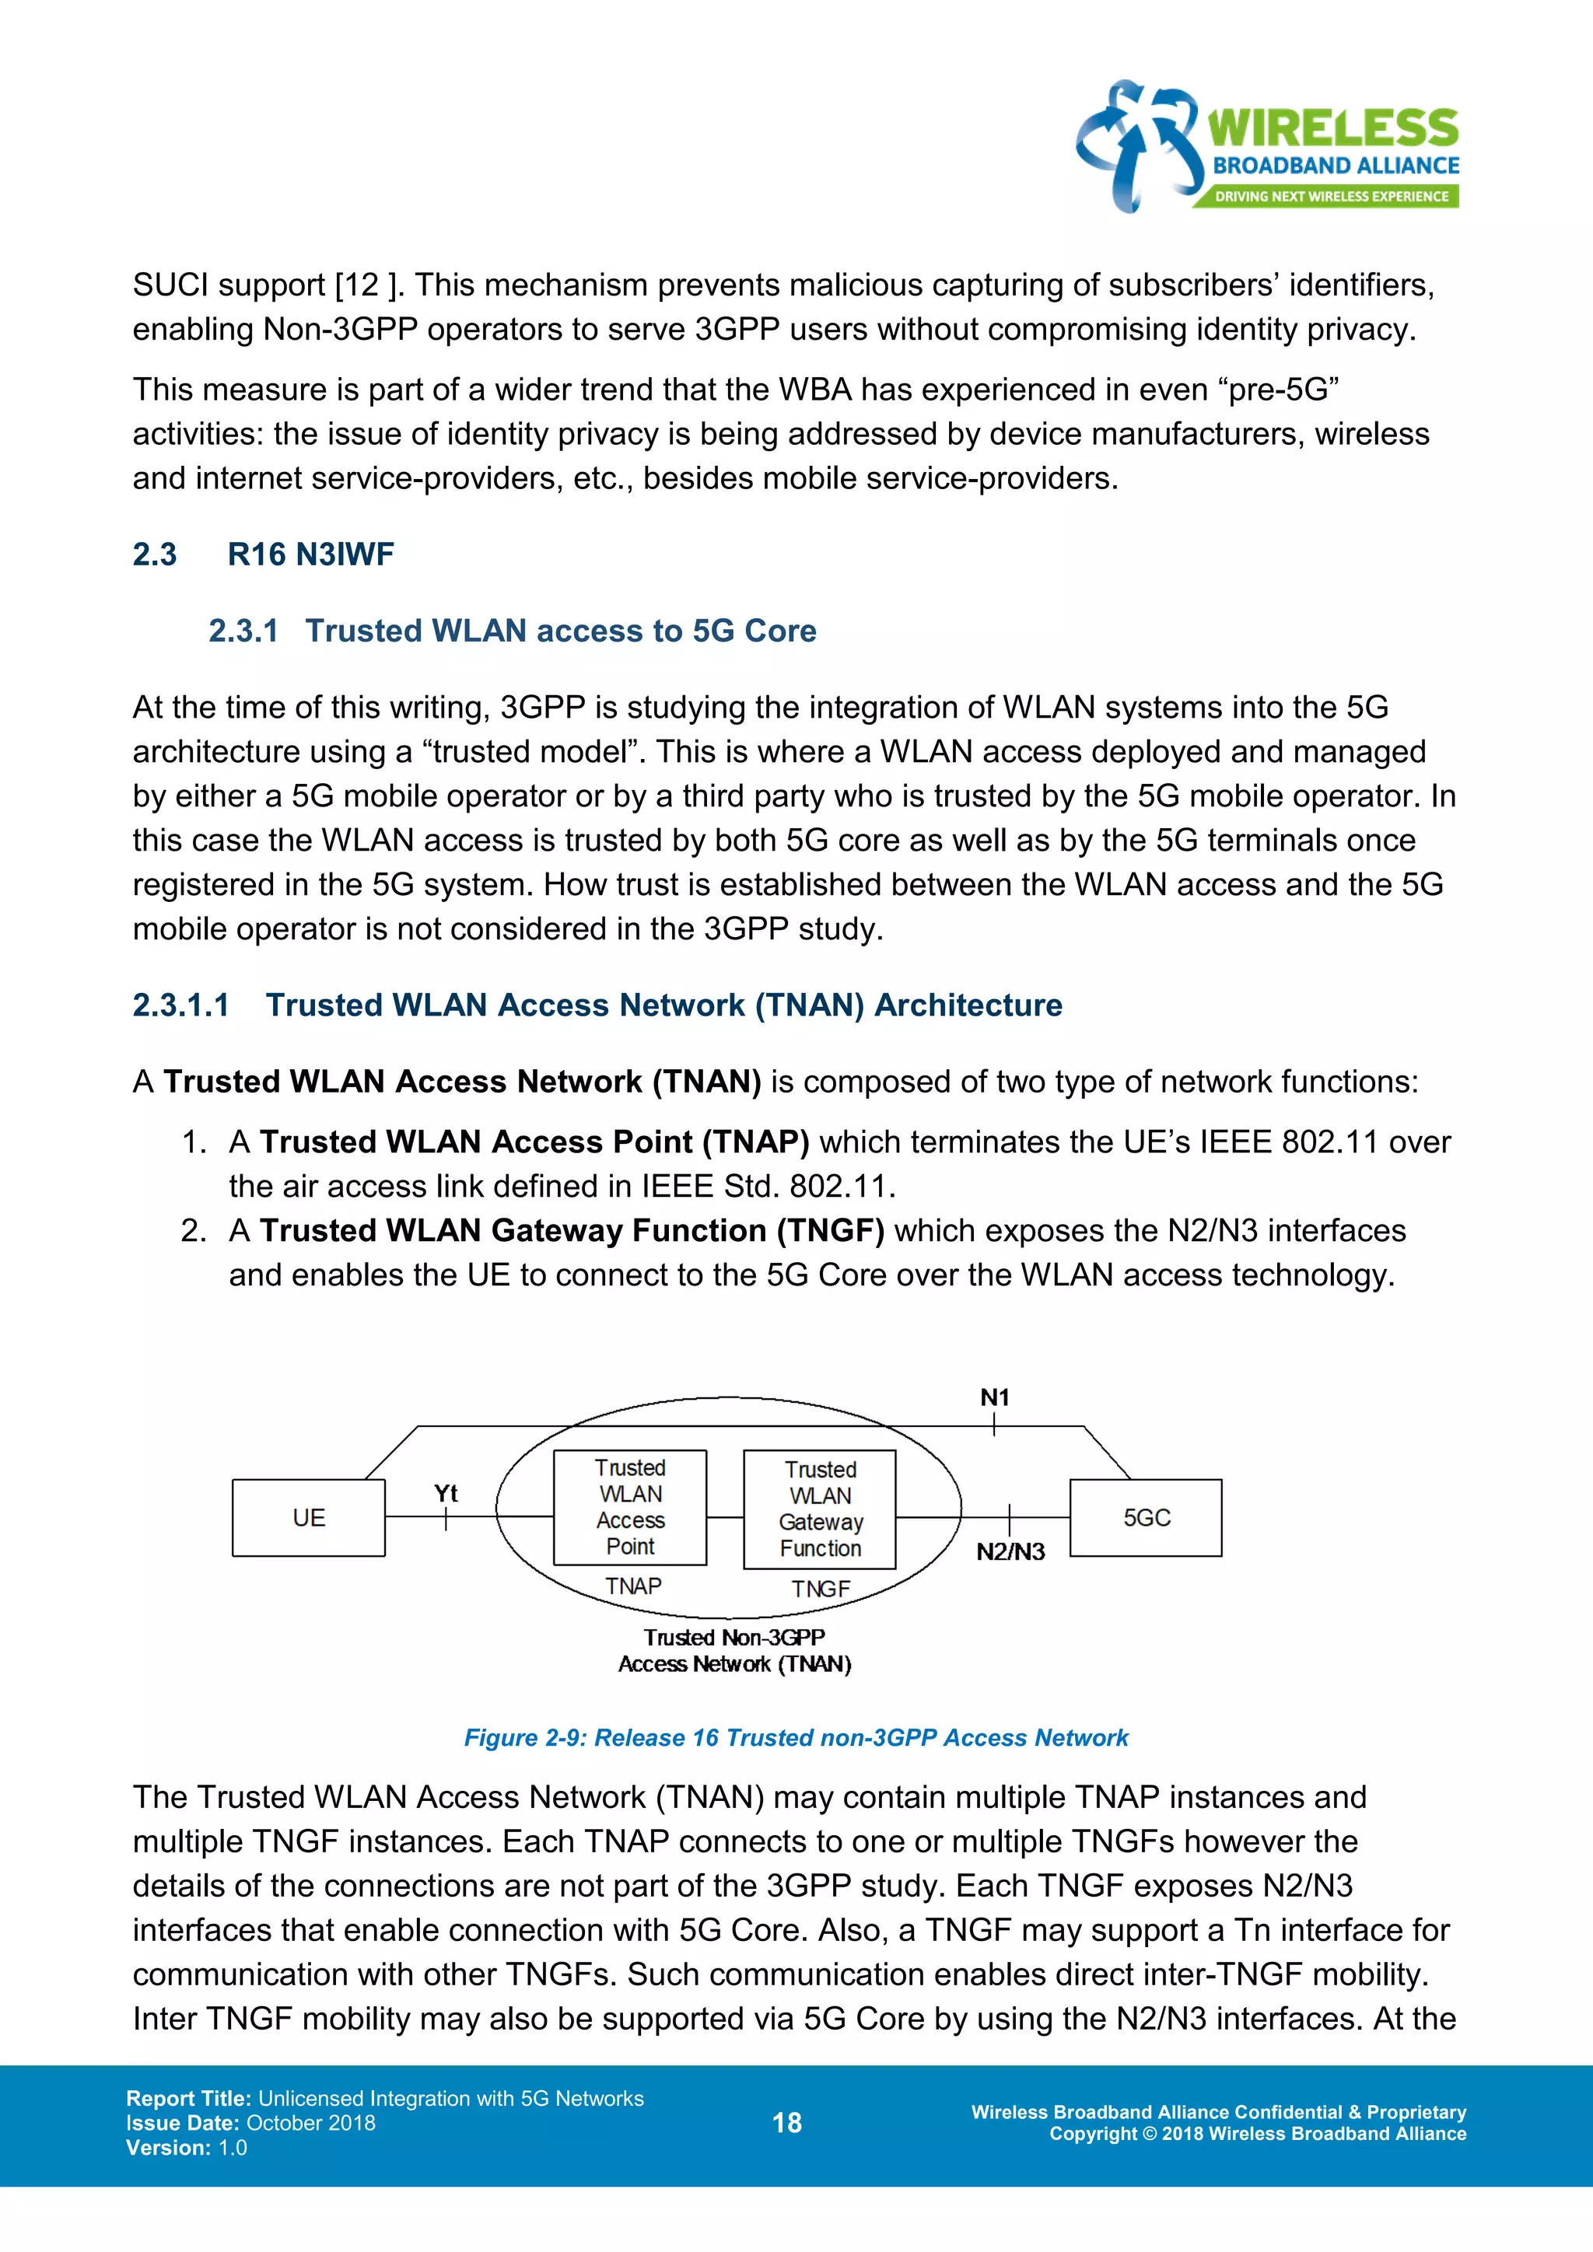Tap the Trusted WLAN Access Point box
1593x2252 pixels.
coord(630,1508)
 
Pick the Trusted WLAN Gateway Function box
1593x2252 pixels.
coord(820,1509)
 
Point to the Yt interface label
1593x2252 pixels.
coord(446,1493)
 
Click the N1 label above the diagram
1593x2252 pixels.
coord(995,1397)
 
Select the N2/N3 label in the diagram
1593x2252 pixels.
coord(1010,1551)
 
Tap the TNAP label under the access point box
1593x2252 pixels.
coord(632,1586)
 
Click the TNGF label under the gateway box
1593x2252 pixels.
coord(820,1589)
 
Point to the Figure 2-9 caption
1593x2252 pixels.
coord(796,1738)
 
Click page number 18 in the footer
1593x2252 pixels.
coord(786,2123)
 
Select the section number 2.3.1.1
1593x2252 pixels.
coord(180,1005)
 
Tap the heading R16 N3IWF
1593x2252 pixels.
coord(310,554)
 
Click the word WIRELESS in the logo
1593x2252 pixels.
coord(1332,128)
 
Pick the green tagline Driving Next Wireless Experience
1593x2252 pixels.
coord(1331,196)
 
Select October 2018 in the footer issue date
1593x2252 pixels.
coord(311,2123)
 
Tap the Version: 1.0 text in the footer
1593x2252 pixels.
coord(187,2147)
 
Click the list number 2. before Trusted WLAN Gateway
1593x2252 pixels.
coord(193,1231)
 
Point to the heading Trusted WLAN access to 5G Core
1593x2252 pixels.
coord(560,631)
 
